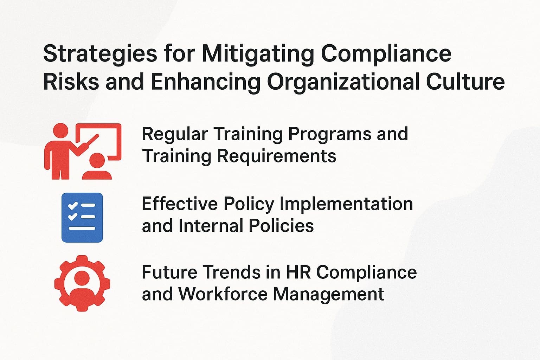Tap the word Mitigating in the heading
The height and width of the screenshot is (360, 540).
click(x=257, y=54)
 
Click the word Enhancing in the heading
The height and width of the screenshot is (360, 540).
click(x=205, y=82)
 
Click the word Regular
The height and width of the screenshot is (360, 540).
click(x=175, y=134)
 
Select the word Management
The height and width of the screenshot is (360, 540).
click(x=329, y=294)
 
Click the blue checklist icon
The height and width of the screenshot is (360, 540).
click(x=82, y=218)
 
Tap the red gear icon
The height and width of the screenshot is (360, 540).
click(x=82, y=283)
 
